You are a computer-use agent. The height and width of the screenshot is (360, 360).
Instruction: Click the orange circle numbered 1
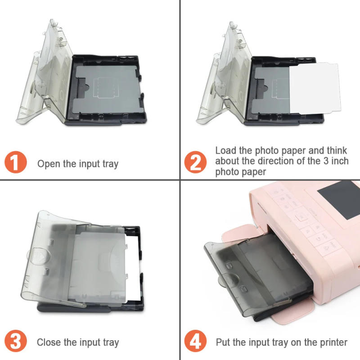(x=15, y=163)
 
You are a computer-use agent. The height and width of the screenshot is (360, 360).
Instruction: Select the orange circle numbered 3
(x=15, y=342)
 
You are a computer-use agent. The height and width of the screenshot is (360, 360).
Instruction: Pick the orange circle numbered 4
(x=195, y=342)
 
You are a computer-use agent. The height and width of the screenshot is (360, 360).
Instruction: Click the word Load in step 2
(x=225, y=150)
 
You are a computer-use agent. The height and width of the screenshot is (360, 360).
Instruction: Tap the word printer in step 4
(x=333, y=342)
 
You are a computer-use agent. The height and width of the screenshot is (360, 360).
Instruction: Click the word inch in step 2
(x=338, y=161)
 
